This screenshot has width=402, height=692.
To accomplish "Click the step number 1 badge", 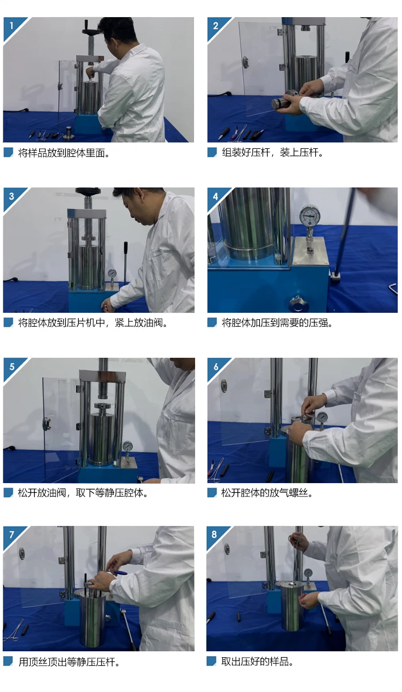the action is point(11,25).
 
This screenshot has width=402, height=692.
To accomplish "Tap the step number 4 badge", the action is point(215,196).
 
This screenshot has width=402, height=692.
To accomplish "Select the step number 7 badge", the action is point(12,535).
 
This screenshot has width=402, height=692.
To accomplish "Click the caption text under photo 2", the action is point(272,152).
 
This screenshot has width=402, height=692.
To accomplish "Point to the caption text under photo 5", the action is point(83,493).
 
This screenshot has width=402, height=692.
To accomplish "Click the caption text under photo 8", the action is point(257,661).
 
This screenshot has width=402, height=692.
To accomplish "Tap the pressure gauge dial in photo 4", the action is point(310,216).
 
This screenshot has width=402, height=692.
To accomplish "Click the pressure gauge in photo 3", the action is point(112,273).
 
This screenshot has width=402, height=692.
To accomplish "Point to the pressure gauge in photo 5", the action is point(128,447).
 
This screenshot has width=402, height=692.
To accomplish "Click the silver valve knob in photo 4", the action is point(297,303).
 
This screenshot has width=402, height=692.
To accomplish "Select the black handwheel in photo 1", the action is point(90,30).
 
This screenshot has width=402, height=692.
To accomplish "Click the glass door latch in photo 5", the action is point(47,423).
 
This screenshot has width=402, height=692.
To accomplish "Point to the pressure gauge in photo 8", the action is point(308,574).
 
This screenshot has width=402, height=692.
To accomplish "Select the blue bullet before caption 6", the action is point(212,493).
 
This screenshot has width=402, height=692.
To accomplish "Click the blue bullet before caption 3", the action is point(8,322).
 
